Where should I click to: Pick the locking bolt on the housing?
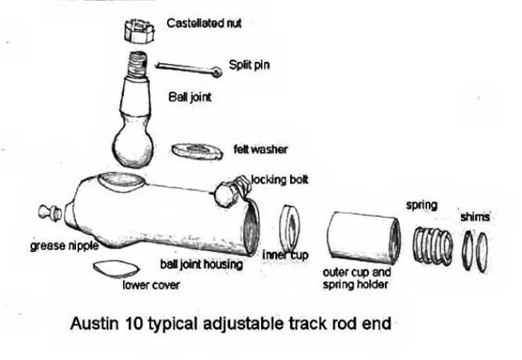pos(229,191)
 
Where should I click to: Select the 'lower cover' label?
pos(150,285)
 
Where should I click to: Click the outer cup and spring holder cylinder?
pos(364,236)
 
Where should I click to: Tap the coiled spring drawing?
pos(433,244)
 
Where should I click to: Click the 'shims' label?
pos(475,217)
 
